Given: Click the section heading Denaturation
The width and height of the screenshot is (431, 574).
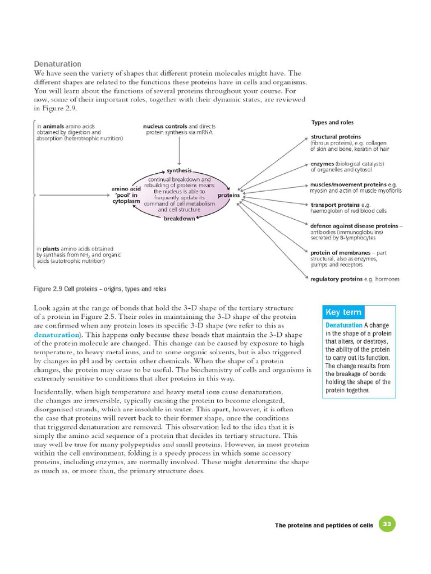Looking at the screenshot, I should click(x=57, y=64).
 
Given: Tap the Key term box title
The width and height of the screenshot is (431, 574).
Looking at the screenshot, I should click(x=343, y=312).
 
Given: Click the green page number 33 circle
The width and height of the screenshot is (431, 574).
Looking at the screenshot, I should click(x=387, y=525).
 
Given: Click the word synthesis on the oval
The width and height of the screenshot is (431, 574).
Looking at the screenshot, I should click(x=179, y=170).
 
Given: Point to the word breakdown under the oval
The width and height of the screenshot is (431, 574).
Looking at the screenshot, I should click(x=179, y=219).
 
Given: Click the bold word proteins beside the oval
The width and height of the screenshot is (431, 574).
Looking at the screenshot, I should click(x=228, y=195).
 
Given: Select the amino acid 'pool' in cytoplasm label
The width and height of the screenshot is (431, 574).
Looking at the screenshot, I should click(x=126, y=195).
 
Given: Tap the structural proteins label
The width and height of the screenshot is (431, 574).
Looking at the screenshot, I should click(x=336, y=137).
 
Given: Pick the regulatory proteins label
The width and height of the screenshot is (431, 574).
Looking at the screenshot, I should click(x=336, y=279).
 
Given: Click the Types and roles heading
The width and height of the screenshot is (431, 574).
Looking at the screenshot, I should click(x=332, y=122).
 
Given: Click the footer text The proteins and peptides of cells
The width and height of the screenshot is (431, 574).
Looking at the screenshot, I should click(x=324, y=525).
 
